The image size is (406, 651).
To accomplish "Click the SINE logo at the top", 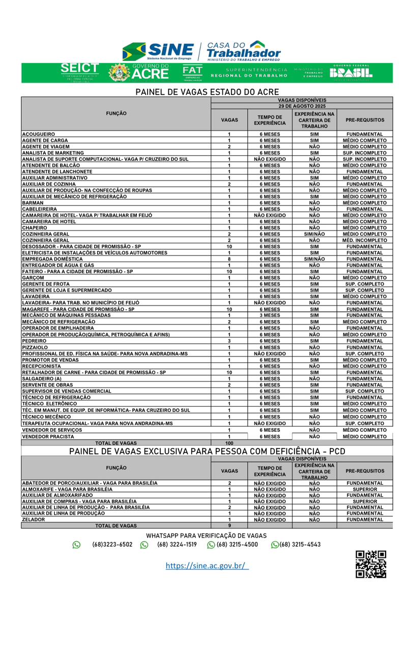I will coord(158,51).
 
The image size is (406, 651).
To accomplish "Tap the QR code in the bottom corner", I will coord(370,564).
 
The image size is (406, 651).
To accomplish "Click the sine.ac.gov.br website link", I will coord(207,566).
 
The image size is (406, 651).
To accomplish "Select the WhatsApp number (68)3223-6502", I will coord(112,544).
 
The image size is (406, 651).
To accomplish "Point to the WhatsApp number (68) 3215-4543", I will coord(300,544).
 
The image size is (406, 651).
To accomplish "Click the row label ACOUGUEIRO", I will coord(39,134).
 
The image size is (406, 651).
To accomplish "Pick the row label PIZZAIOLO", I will coord(35,347).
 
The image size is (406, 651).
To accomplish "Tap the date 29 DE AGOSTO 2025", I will coord(302,106).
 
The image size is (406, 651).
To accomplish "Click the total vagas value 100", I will coord(229,443).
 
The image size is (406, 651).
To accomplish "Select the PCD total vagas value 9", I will coord(229,526).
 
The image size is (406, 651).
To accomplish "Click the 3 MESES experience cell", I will coord(270,315).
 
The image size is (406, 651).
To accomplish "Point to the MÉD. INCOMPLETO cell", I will coord(365,240).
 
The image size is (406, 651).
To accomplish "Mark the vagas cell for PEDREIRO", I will coord(229,341).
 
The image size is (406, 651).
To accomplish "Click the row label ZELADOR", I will coord(34,520).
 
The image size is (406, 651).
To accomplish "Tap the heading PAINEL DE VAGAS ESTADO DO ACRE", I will coord(207,92).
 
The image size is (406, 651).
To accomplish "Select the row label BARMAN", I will coord(33,202).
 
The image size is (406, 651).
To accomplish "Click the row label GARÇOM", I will coord(34,278).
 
